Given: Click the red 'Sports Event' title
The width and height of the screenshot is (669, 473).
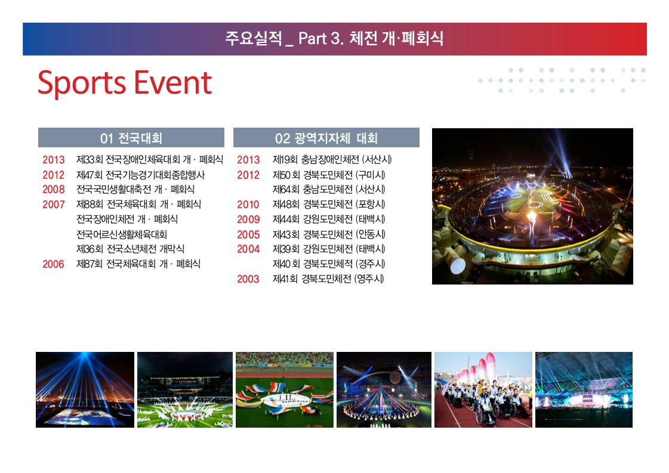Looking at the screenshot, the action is [125, 83].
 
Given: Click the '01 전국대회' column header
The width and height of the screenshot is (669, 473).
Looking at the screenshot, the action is [131, 138].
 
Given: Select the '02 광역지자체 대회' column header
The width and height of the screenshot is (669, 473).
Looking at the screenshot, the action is [326, 138].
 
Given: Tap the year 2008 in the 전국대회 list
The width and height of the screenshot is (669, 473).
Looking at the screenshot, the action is [53, 189].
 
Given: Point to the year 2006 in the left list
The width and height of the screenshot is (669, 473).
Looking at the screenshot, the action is [53, 264].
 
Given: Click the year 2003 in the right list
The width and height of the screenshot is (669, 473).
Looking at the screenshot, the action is [248, 279].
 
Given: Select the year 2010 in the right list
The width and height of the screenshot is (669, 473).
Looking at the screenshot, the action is [248, 205].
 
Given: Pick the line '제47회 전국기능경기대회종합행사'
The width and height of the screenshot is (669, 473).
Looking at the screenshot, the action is [140, 175].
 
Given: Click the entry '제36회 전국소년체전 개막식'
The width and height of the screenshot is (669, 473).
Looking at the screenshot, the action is [130, 249].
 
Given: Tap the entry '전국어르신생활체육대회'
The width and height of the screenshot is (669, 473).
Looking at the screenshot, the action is [122, 234].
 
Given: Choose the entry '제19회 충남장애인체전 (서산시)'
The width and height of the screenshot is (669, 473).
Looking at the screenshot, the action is [332, 159].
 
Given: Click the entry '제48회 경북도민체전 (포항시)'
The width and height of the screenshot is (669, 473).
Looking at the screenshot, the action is [329, 205].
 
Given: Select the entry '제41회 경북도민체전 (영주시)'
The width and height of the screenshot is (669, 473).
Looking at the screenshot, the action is [328, 279].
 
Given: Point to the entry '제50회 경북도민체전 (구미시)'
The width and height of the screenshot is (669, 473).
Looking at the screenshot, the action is [329, 175].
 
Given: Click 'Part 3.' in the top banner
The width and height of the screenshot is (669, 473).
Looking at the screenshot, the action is [321, 38].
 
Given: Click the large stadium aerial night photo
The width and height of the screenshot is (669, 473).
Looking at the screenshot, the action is [532, 206].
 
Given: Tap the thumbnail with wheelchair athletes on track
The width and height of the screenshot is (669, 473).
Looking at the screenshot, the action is [483, 390].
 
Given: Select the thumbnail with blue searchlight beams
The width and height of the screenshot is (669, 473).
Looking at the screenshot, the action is [85, 390].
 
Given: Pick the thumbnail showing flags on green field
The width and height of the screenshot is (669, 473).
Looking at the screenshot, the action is [285, 390].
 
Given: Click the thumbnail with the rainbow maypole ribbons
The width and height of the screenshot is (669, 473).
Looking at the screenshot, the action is [384, 390].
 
